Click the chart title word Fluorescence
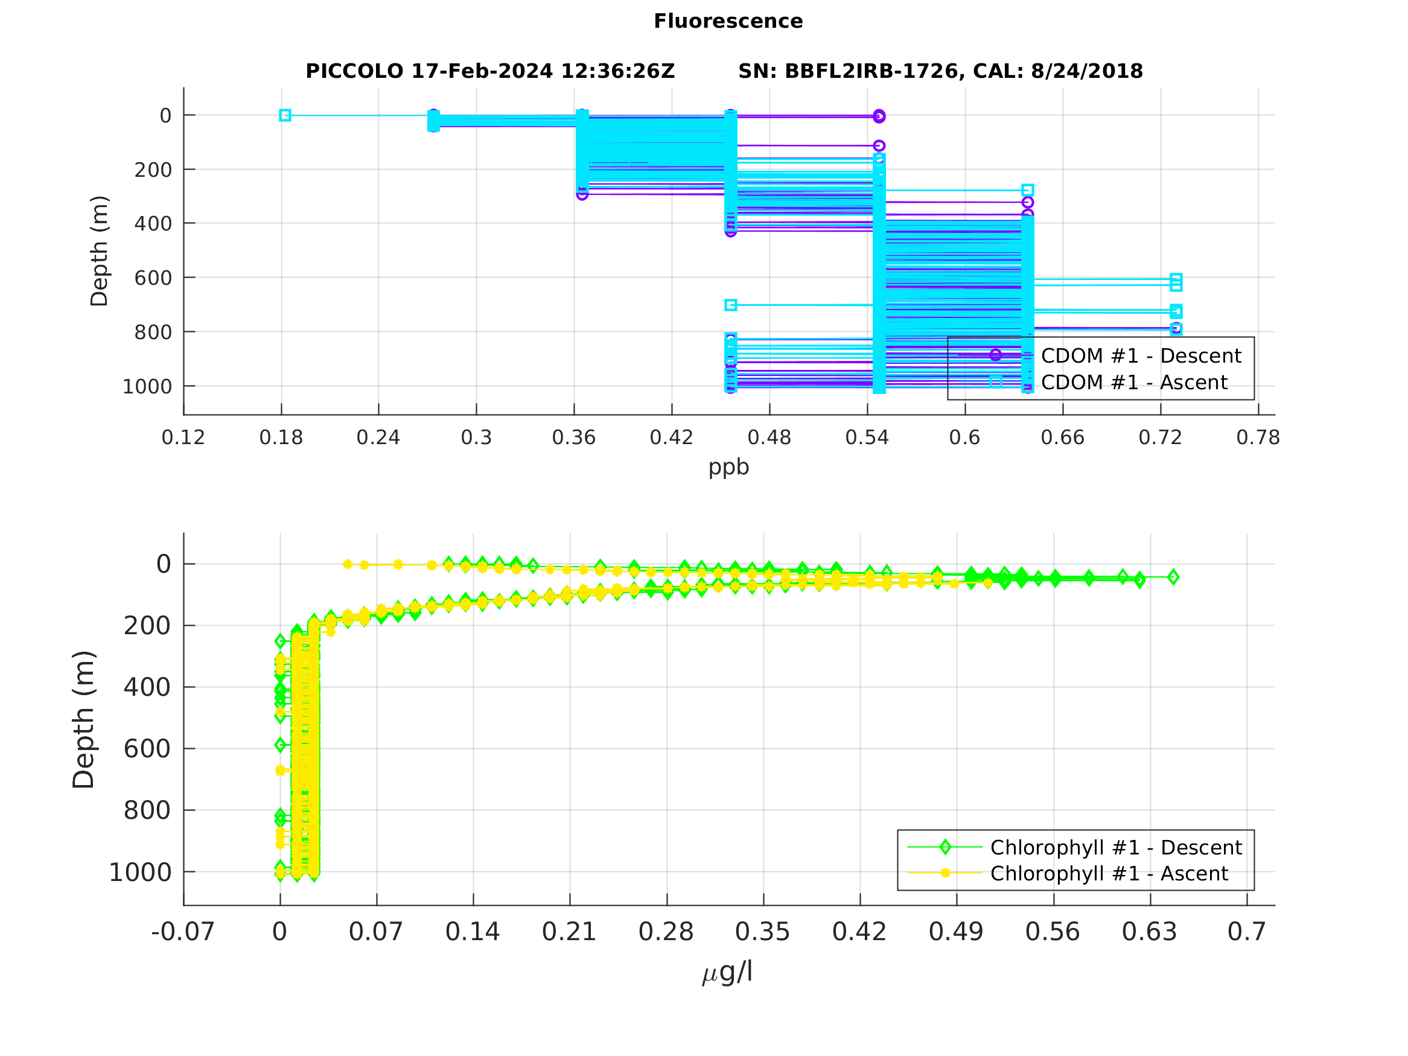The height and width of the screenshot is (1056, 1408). (x=728, y=21)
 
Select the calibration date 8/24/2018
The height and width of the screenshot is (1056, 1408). (x=1086, y=71)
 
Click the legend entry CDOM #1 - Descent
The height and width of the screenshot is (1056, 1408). (x=1141, y=356)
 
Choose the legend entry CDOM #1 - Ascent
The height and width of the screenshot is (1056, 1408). (x=1133, y=383)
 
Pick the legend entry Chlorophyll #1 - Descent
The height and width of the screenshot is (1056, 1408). (x=1116, y=848)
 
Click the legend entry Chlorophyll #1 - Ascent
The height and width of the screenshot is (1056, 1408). (x=1109, y=874)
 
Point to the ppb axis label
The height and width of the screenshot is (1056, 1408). (x=728, y=466)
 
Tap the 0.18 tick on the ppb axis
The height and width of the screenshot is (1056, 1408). (x=281, y=438)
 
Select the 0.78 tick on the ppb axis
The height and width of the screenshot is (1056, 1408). (x=1258, y=438)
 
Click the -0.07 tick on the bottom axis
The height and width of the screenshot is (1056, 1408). (x=183, y=932)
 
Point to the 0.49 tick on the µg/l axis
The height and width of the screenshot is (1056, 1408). (x=956, y=932)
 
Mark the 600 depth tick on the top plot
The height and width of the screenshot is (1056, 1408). (x=153, y=278)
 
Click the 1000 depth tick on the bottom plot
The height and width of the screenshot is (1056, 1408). (x=140, y=873)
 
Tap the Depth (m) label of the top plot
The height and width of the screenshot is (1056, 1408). (x=100, y=251)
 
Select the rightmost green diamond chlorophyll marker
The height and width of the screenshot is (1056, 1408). (x=1173, y=577)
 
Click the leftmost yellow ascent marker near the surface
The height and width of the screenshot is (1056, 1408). (x=347, y=564)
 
